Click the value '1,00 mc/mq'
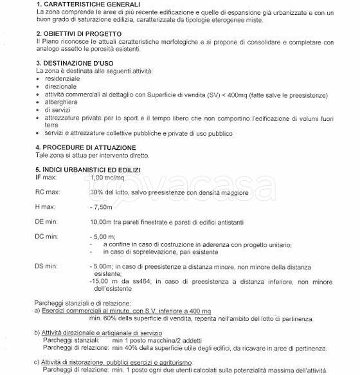coord(106,177)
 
